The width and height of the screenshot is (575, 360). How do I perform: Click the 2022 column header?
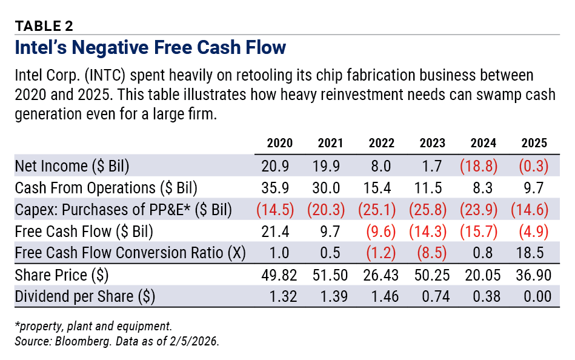(381, 144)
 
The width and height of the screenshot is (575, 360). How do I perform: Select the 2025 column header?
(534, 144)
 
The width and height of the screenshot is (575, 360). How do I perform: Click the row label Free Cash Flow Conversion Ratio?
(130, 253)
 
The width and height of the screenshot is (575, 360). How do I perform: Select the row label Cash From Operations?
(106, 188)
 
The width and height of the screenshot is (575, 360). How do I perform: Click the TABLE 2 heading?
(44, 25)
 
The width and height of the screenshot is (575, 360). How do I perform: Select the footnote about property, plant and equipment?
(93, 325)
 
